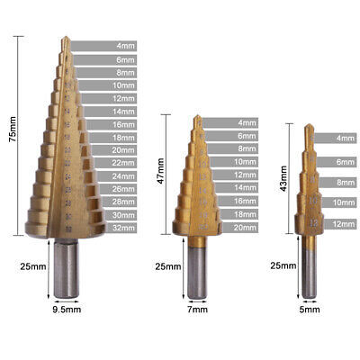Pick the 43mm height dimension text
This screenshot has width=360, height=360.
pos(285,176)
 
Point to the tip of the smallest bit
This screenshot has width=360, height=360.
pos(310,127)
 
